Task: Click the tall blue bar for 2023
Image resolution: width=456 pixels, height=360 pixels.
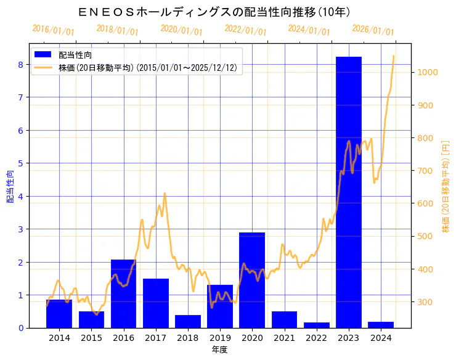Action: tap(349, 192)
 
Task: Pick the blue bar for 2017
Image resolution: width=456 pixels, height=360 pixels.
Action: tap(156, 303)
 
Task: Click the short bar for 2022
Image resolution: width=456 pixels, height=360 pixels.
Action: tap(317, 325)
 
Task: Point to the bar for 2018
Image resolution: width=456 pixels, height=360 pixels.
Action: tap(188, 321)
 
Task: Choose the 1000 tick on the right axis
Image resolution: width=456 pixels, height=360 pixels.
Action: tap(427, 72)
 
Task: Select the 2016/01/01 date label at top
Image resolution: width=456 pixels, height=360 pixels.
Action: tap(53, 30)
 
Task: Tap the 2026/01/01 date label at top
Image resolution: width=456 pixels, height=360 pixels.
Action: tap(373, 30)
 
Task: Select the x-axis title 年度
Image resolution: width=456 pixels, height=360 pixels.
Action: tap(219, 349)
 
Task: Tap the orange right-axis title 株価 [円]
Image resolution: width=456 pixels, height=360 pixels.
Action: tap(446, 186)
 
